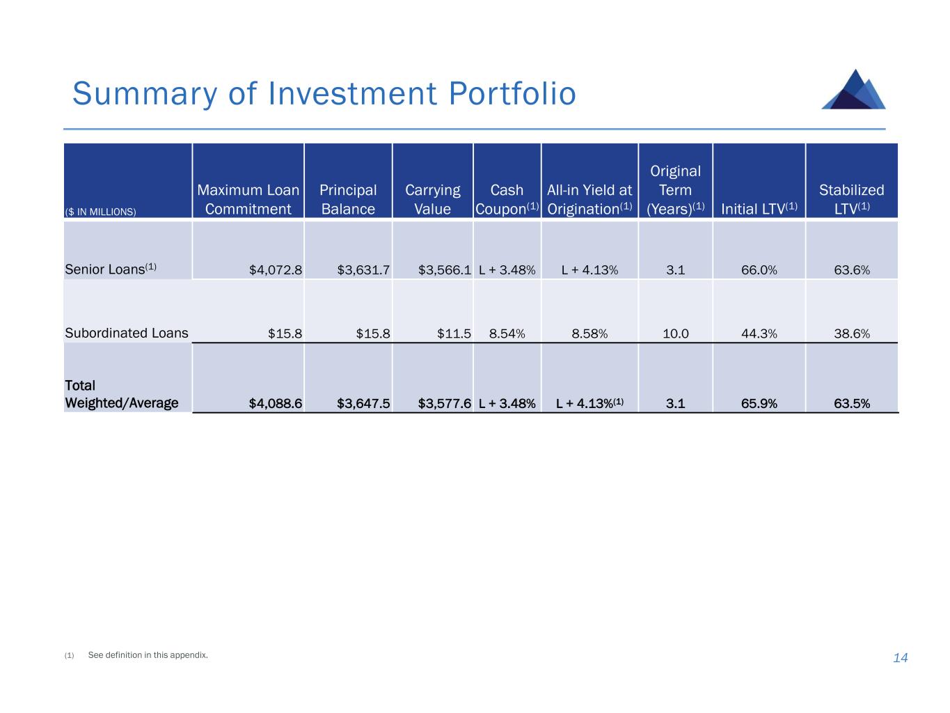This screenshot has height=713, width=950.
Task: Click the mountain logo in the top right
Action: click(x=854, y=90)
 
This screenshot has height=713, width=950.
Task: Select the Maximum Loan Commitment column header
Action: click(x=248, y=199)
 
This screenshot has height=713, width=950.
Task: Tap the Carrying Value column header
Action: click(x=432, y=199)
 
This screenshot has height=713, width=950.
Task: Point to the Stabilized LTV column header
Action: click(x=851, y=199)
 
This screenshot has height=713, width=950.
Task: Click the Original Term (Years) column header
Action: click(x=675, y=190)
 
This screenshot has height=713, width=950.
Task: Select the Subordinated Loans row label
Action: click(x=127, y=333)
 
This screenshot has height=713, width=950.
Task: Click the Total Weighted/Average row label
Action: click(x=121, y=394)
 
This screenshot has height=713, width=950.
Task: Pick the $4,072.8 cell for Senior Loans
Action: click(x=276, y=269)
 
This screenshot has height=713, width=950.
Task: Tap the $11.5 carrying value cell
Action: click(x=454, y=334)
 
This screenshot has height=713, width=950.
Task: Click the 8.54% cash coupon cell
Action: click(x=507, y=334)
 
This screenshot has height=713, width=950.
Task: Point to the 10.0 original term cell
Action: click(x=675, y=334)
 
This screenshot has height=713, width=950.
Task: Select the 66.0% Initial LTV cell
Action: click(x=759, y=269)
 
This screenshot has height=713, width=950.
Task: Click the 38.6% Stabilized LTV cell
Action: click(x=851, y=334)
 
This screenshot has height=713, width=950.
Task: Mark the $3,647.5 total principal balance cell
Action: click(x=363, y=403)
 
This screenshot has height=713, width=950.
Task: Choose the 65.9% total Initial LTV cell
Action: click(x=759, y=403)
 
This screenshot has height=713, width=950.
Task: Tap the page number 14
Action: click(x=900, y=658)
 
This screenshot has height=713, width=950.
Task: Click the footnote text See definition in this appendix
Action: click(x=148, y=655)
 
